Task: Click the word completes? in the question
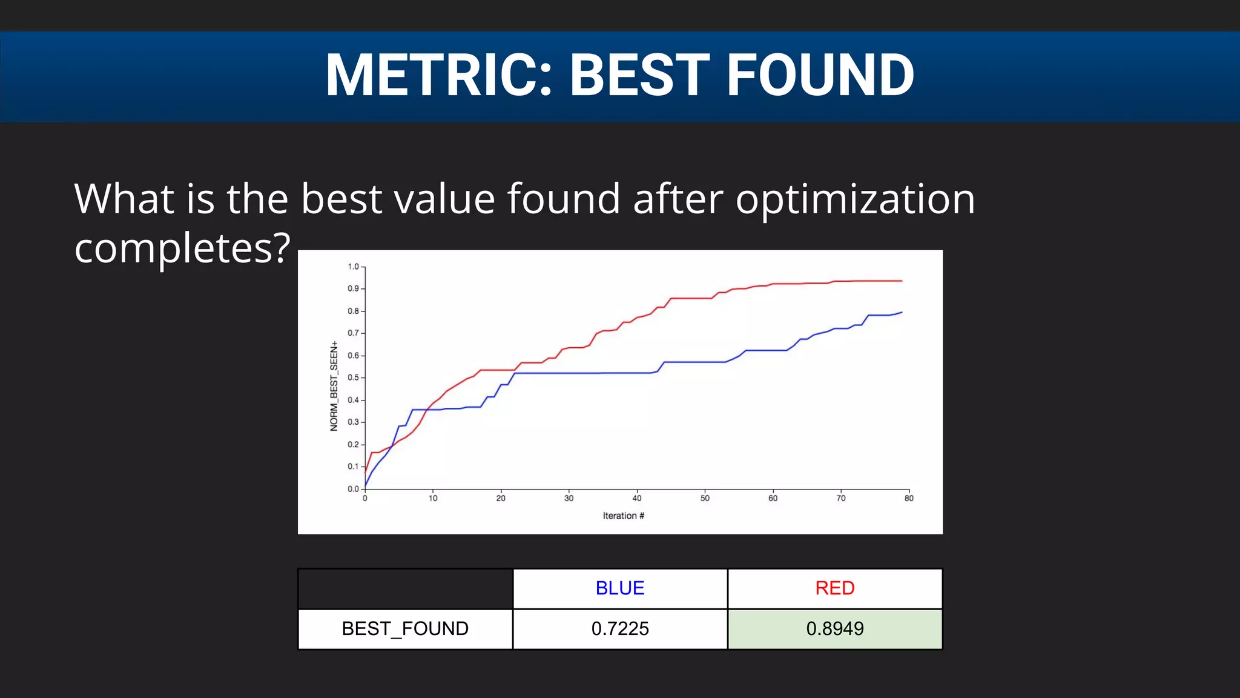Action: click(x=182, y=248)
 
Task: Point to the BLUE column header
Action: click(x=620, y=588)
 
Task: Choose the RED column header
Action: click(x=834, y=588)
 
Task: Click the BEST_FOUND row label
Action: click(x=405, y=629)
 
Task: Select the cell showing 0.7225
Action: click(x=620, y=629)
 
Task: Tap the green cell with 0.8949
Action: click(x=834, y=629)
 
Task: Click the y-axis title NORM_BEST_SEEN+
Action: click(x=334, y=386)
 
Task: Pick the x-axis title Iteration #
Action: click(x=623, y=516)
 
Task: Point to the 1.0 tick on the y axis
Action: click(x=354, y=267)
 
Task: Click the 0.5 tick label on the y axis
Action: click(x=354, y=377)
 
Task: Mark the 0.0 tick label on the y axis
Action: click(x=354, y=489)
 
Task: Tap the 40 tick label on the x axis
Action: click(x=637, y=499)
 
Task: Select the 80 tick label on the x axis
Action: click(x=909, y=499)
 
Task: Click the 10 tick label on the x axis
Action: click(x=433, y=499)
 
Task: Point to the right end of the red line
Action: click(x=902, y=281)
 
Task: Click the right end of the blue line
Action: click(x=902, y=313)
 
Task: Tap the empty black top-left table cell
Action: click(x=405, y=588)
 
